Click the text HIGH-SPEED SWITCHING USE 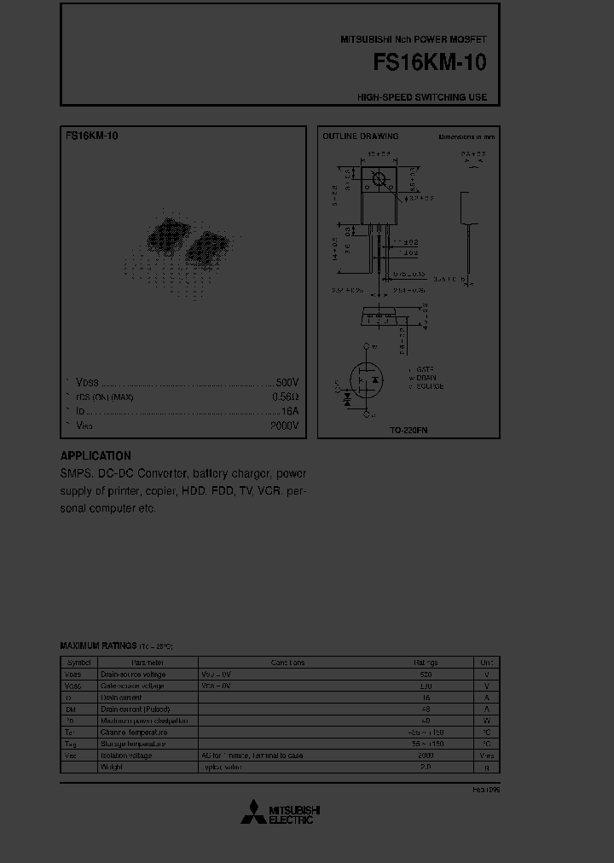point(422,97)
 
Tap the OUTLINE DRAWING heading point(360,136)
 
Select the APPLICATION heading point(96,456)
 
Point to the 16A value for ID point(290,411)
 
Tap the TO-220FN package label point(408,431)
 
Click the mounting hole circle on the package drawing point(378,178)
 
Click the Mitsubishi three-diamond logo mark point(252,814)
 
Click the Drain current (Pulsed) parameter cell point(135,709)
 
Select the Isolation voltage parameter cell point(126,756)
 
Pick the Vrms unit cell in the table point(486,756)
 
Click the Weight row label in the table point(112,767)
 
